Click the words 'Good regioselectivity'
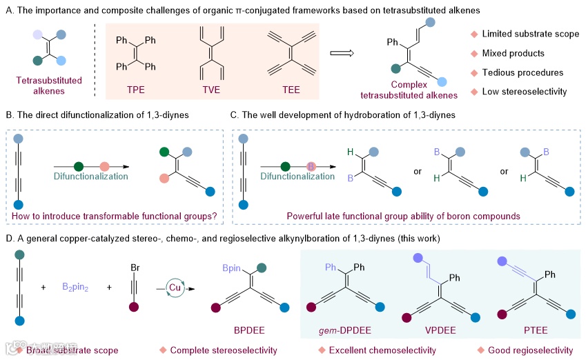529,350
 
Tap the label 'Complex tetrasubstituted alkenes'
415,90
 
